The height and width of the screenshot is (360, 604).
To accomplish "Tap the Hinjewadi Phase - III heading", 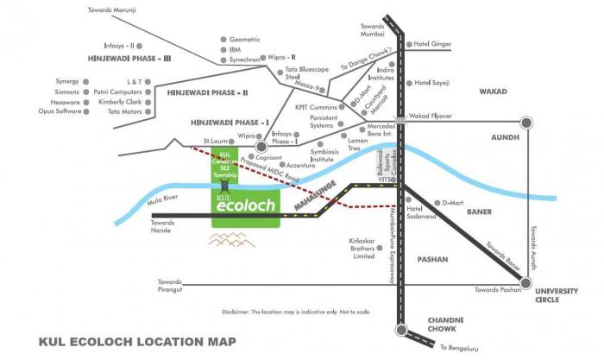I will click(x=130, y=59).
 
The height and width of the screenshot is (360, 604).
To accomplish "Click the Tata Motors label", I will click(x=119, y=111).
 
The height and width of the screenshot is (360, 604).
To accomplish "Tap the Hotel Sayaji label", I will click(x=436, y=83).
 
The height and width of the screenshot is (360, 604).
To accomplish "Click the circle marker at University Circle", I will click(x=525, y=281).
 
